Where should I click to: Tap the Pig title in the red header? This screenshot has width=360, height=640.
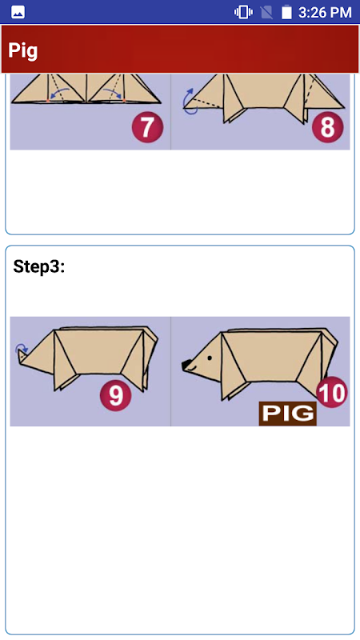23,50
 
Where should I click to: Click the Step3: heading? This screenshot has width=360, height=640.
39,266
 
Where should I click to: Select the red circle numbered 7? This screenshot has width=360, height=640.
147,127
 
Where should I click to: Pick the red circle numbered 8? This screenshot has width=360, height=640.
328,127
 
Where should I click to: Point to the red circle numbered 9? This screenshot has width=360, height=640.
115,395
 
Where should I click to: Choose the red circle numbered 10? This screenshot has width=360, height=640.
332,392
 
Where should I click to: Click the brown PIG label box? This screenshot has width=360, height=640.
288,414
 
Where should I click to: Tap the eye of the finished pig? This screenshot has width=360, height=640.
210,358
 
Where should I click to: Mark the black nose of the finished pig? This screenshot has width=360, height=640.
186,365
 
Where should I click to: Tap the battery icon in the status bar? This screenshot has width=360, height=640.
286,12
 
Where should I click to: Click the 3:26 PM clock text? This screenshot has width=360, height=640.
325,13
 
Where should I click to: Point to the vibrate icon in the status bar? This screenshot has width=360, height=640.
243,12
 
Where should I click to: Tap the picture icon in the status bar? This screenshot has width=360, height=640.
18,13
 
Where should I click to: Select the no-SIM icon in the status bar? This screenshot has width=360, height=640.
266,12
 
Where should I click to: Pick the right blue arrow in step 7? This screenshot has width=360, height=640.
114,94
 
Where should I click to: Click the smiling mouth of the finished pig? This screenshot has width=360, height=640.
192,369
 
